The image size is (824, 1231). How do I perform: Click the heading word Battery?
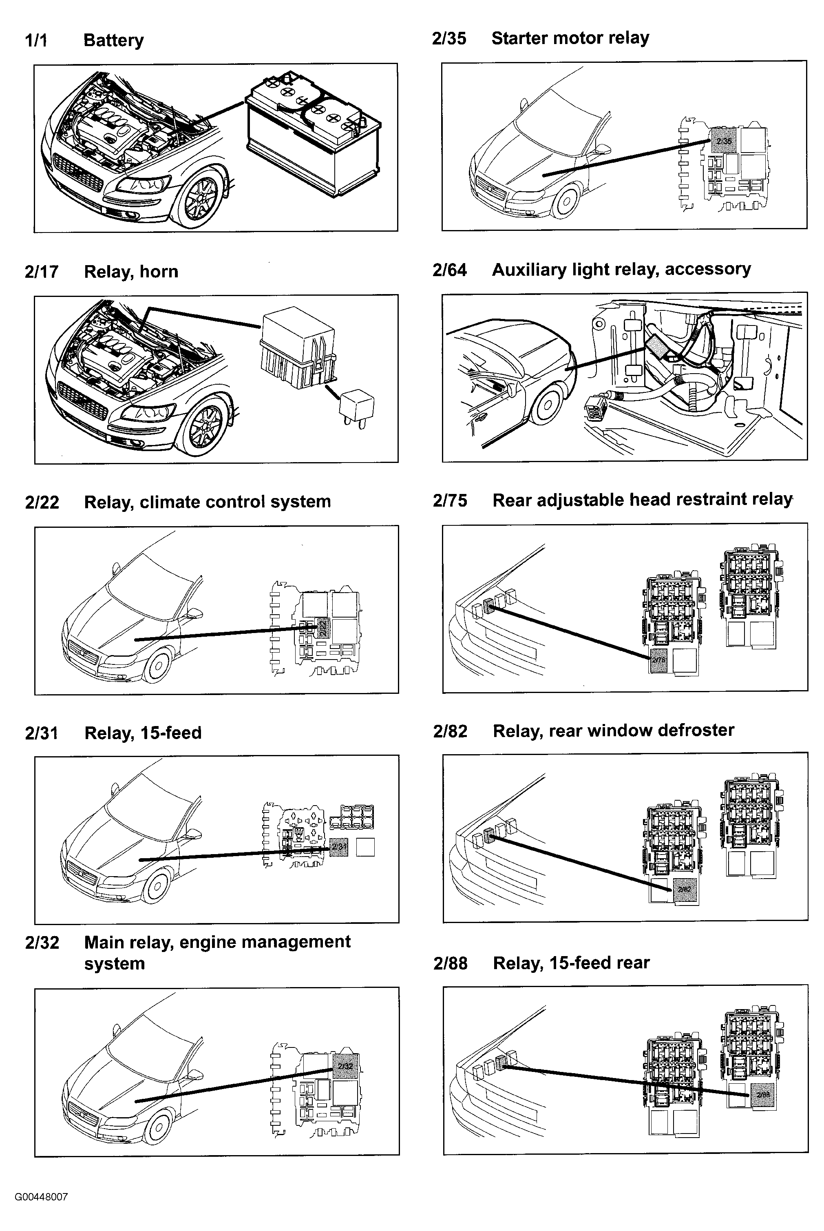113,40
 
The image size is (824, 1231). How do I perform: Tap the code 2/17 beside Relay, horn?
42,272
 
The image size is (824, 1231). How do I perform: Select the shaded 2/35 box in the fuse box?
724,140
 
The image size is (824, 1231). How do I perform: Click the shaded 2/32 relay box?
345,1066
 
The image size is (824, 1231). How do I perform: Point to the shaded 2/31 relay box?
339,847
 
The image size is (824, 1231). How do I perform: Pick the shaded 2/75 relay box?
658,660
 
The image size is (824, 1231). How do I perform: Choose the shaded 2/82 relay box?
684,889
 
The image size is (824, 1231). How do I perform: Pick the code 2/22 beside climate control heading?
42,502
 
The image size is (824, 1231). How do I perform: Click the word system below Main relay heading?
114,963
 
